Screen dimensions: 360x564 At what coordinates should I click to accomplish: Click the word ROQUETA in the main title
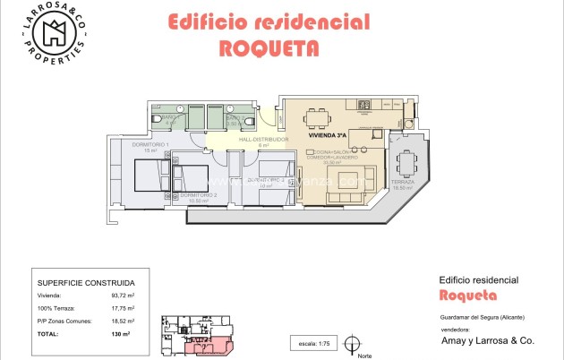point(269,48)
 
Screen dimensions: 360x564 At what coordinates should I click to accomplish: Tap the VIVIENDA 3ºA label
point(327,135)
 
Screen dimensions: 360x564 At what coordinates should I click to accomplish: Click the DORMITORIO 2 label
point(199,195)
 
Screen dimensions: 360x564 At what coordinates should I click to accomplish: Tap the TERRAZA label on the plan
point(403,182)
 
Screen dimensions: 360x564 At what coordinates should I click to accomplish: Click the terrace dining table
point(406,163)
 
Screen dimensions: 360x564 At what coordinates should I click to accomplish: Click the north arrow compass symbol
point(354,342)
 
